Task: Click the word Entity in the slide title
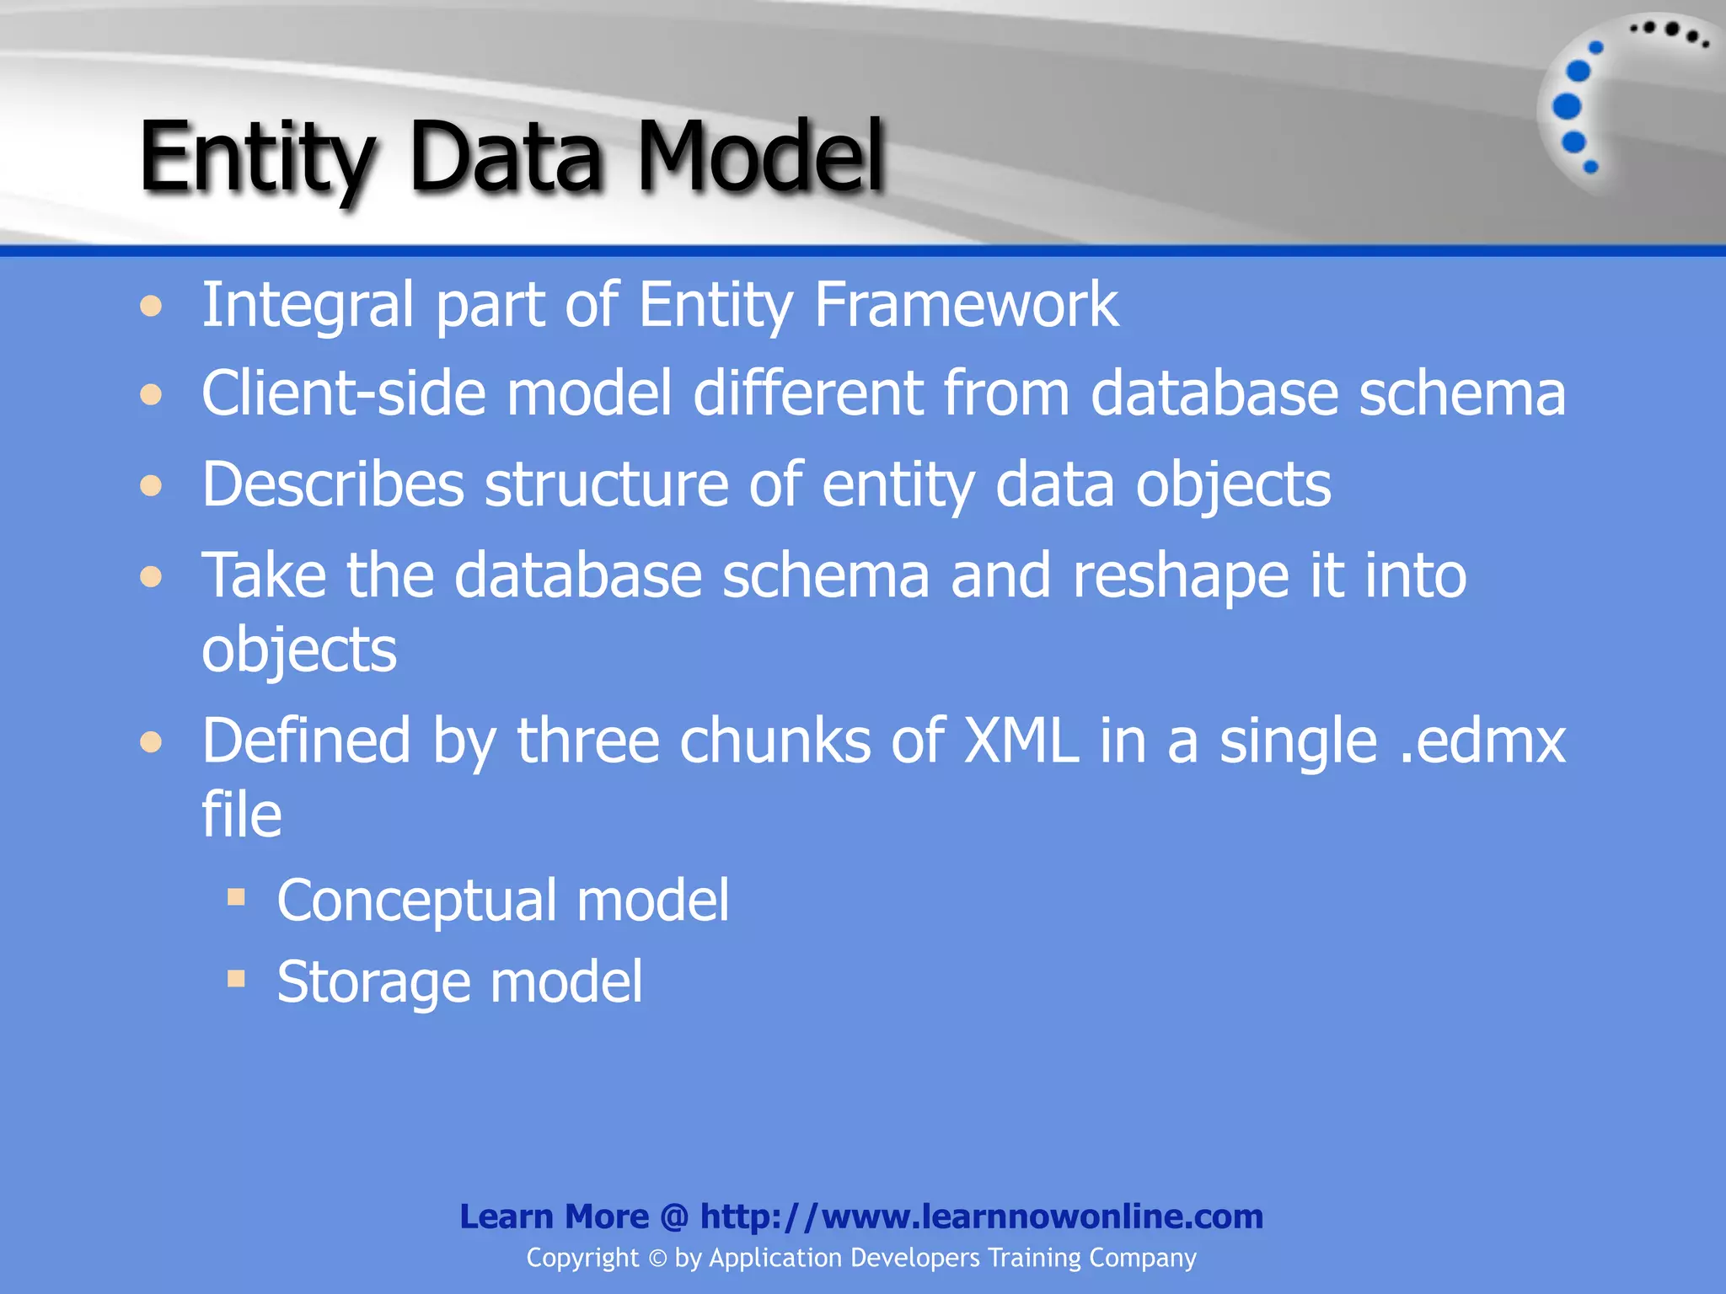255,158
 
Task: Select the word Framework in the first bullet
966,304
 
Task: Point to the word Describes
333,484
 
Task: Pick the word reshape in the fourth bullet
1180,575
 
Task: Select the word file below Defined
241,815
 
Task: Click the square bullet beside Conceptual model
236,896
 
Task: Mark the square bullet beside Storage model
236,978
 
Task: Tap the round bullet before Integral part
151,306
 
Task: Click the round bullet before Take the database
151,577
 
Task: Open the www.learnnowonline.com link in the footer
981,1216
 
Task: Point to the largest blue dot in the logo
1567,107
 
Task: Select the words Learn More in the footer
554,1216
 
